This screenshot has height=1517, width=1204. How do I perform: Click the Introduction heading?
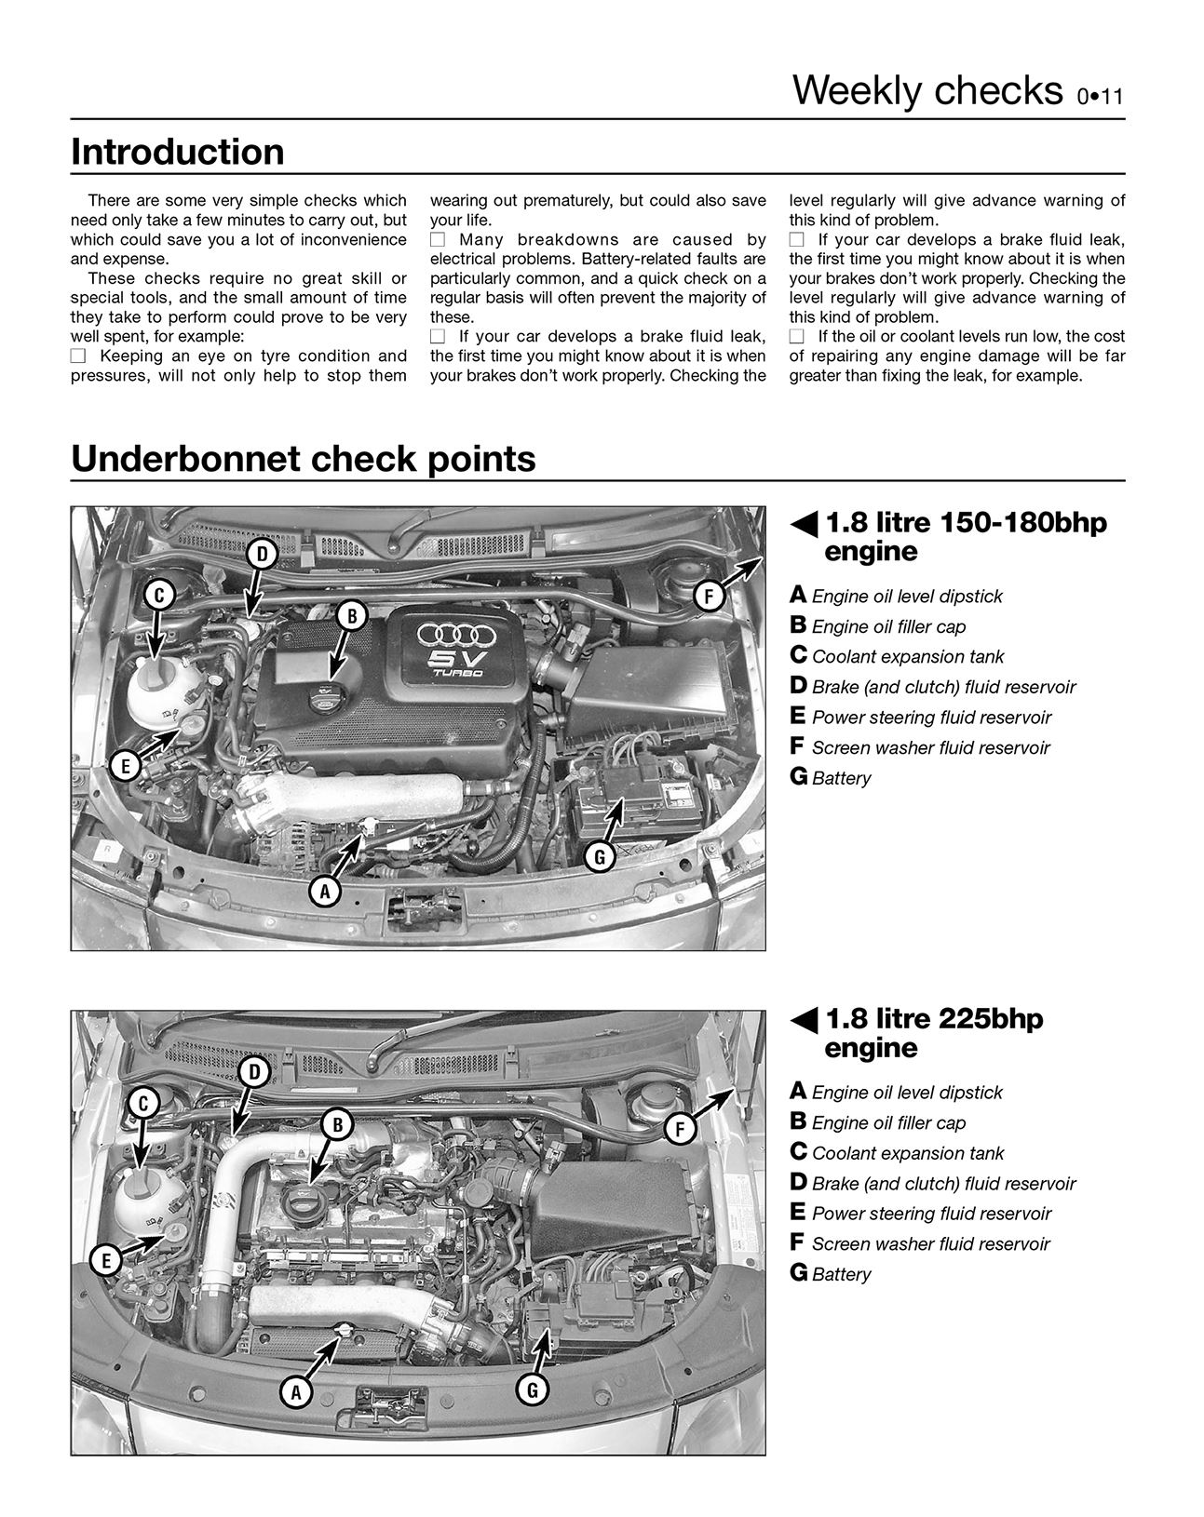click(178, 153)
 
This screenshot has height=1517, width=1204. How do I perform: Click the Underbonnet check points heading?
click(304, 459)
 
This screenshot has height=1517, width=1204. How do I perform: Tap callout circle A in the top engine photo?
click(324, 893)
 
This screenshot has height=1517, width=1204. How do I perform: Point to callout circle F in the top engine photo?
click(709, 597)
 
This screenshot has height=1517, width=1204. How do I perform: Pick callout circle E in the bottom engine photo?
click(106, 1261)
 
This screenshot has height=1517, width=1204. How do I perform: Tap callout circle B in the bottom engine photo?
click(337, 1125)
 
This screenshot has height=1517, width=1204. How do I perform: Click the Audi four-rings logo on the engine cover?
click(455, 635)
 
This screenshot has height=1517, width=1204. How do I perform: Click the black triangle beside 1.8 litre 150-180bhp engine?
click(805, 525)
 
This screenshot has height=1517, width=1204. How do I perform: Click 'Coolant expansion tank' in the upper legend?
click(907, 657)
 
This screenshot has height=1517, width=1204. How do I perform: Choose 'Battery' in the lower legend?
click(840, 1275)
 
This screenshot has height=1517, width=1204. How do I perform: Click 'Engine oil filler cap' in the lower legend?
click(888, 1123)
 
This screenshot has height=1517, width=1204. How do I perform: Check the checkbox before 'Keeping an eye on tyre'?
click(78, 356)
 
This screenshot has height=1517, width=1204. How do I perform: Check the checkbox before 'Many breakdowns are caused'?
click(438, 240)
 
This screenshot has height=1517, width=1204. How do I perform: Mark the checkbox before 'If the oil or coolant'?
click(797, 337)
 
